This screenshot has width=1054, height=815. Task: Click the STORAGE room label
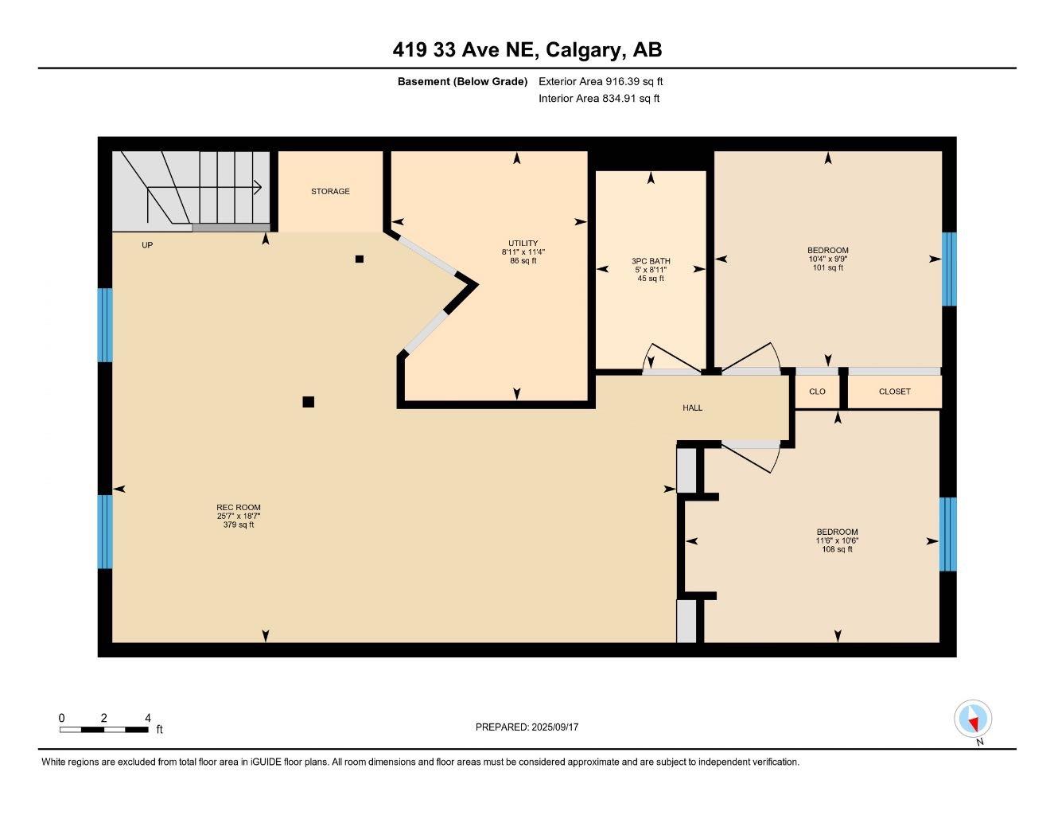click(x=330, y=192)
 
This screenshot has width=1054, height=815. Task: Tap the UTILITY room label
click(x=523, y=244)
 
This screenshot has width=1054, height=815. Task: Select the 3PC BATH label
click(x=651, y=261)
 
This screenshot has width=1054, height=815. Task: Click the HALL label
click(x=692, y=408)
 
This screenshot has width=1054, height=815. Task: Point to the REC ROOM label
click(x=239, y=508)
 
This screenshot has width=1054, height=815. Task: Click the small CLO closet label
click(x=817, y=392)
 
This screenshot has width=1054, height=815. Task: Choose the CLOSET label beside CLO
click(x=894, y=392)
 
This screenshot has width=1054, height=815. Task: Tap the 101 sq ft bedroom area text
click(x=828, y=268)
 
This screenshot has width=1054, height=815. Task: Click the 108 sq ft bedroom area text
click(x=837, y=549)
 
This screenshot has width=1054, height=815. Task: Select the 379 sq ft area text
click(x=239, y=525)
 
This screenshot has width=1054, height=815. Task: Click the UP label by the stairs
click(x=147, y=245)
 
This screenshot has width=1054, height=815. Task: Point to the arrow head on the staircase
click(x=258, y=187)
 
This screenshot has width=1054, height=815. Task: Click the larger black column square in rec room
click(x=309, y=402)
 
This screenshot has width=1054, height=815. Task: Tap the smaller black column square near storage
click(x=360, y=259)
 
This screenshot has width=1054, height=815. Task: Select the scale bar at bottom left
click(x=103, y=729)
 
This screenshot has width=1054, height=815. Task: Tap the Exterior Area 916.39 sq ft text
click(x=601, y=81)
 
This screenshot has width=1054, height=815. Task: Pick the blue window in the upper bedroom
click(x=948, y=269)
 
